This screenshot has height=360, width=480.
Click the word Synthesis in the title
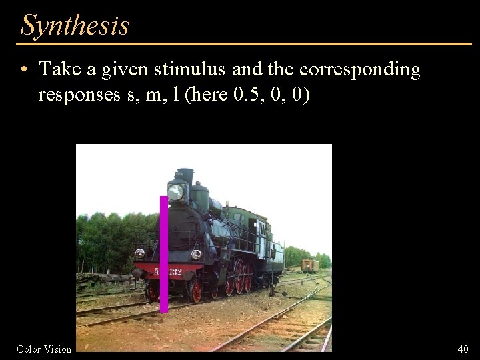(x=75, y=25)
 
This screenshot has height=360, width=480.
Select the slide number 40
(x=463, y=349)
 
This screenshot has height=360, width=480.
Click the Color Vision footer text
(x=44, y=349)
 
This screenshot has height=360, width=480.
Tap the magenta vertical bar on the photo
(x=164, y=253)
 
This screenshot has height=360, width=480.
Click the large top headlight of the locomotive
(x=176, y=192)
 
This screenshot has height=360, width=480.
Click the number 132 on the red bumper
(x=175, y=272)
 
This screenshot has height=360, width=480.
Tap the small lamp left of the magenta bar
(x=139, y=253)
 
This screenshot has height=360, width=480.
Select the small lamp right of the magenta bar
(x=196, y=254)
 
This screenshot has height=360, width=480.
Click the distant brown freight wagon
(x=309, y=265)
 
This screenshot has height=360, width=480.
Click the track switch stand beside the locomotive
(x=272, y=283)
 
